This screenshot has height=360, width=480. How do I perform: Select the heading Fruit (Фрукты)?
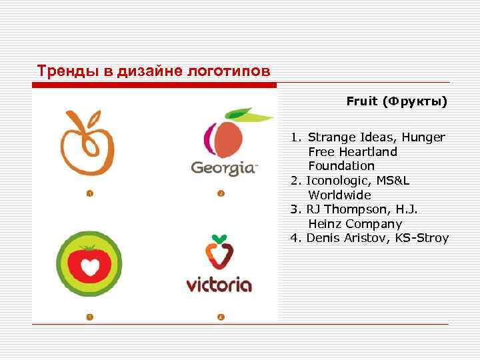pyautogui.click(x=397, y=102)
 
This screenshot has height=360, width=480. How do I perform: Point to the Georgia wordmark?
pyautogui.click(x=223, y=167)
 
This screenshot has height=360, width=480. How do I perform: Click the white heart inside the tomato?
pyautogui.click(x=89, y=266)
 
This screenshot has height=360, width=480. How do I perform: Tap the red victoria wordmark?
pyautogui.click(x=219, y=285)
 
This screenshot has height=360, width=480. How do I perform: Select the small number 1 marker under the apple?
pyautogui.click(x=89, y=194)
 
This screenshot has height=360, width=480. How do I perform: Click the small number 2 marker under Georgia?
pyautogui.click(x=221, y=194)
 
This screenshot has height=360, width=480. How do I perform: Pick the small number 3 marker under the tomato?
pyautogui.click(x=89, y=317)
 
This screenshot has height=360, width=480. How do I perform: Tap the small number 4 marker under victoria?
pyautogui.click(x=221, y=317)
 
